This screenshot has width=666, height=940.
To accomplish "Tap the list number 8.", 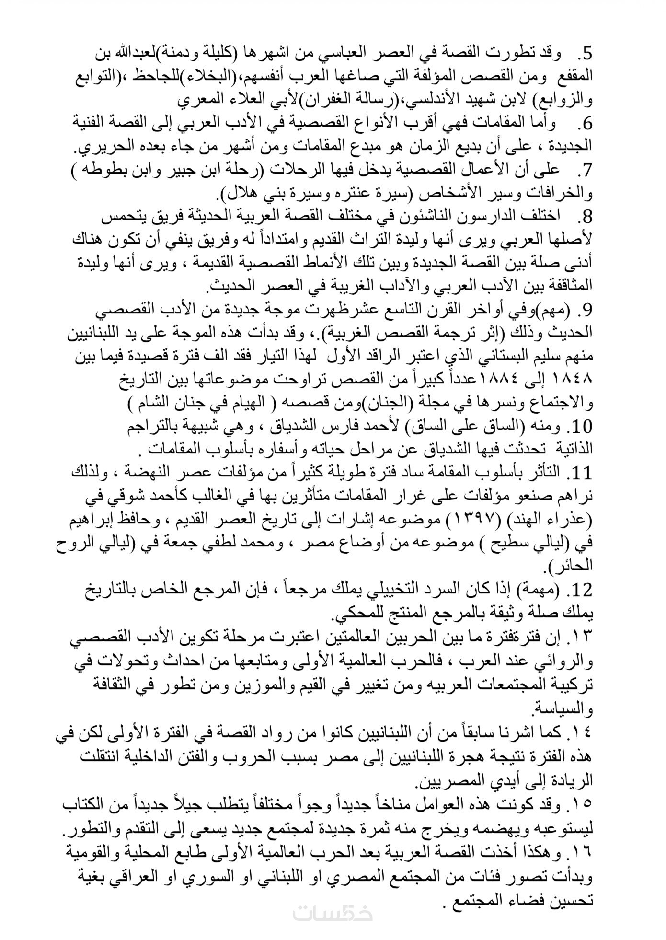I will click(586, 217).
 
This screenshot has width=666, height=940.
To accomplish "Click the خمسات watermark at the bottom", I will click(333, 912).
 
